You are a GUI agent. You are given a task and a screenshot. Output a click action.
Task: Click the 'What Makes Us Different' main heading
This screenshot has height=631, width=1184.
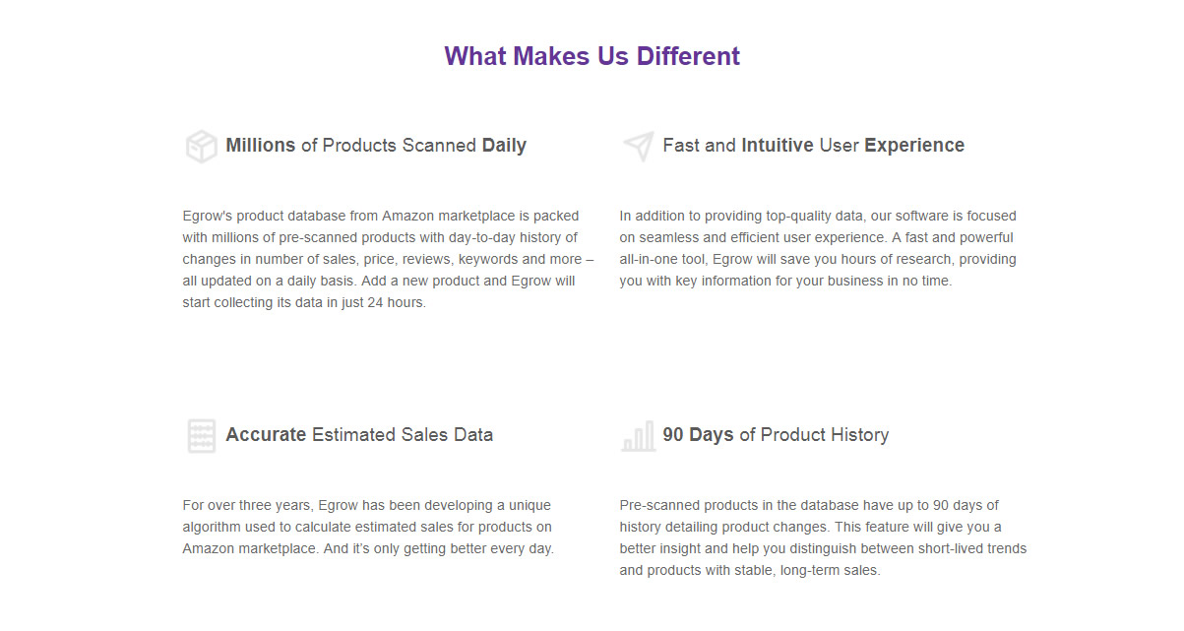[x=592, y=56]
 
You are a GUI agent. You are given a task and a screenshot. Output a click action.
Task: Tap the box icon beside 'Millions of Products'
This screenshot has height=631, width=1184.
[x=201, y=146]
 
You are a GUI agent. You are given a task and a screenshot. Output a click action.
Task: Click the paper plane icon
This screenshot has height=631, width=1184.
[x=639, y=146]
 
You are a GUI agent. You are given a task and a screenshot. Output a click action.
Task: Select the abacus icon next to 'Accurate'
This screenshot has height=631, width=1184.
[x=202, y=436]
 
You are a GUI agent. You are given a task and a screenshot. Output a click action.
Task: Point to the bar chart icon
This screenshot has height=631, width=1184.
[x=639, y=436]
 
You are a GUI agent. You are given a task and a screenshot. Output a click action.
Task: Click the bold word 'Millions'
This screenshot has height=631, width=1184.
[x=260, y=145]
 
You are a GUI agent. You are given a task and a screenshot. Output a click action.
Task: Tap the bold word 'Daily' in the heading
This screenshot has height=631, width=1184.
[x=504, y=146]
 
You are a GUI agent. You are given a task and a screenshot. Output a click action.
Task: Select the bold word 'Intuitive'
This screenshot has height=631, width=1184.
[x=777, y=145]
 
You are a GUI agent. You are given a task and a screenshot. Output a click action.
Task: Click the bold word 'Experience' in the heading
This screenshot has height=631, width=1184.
[x=914, y=146]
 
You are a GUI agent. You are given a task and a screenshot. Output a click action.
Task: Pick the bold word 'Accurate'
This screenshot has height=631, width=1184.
[x=266, y=434]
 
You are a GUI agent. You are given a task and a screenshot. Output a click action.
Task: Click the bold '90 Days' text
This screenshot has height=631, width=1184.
[x=698, y=435]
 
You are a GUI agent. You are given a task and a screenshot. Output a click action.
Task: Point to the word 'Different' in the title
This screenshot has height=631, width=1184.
[x=688, y=56]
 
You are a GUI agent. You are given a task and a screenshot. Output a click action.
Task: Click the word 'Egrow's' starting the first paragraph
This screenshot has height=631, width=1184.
[x=208, y=217]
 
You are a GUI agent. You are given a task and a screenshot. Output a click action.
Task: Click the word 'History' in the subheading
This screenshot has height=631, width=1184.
[x=860, y=435]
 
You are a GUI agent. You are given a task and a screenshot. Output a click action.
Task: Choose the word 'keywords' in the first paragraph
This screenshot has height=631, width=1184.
[x=488, y=260]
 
